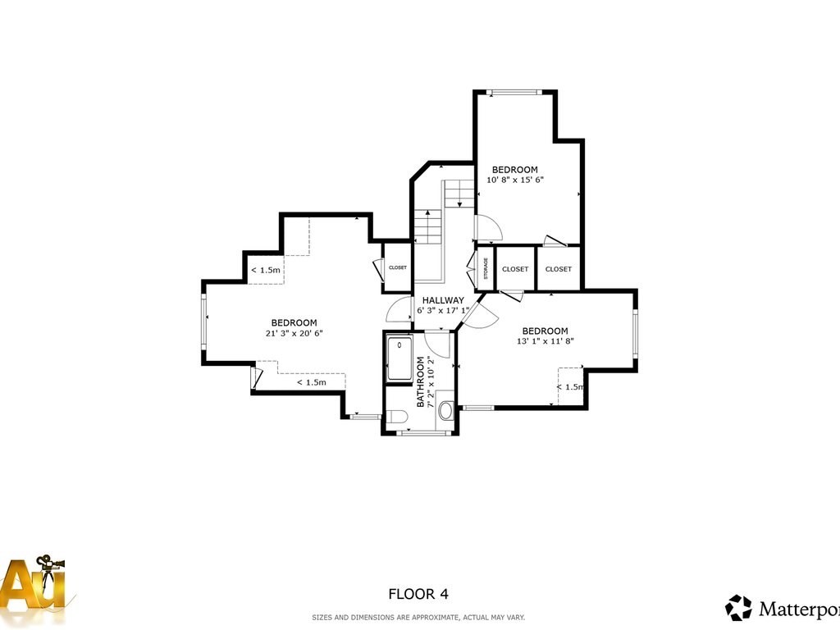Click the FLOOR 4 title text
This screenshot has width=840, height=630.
418,594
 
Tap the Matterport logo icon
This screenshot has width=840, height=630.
738,608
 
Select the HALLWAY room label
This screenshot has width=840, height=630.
443,300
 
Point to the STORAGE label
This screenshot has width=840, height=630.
486,268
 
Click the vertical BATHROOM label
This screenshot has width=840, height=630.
421,381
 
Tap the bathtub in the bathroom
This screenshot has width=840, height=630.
400,358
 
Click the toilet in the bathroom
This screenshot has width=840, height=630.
397,417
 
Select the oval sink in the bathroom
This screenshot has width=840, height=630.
445,410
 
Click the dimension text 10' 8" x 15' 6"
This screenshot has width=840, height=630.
515,180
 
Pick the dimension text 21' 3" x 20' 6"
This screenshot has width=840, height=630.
294,333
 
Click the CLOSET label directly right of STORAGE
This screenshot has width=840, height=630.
515,269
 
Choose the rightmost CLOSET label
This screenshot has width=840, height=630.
559,269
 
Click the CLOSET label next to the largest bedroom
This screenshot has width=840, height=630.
398,267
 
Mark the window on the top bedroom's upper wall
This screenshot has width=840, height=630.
515,93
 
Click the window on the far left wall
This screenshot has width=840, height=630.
204,322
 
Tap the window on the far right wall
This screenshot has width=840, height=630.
635,335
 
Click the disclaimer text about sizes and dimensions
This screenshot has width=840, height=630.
418,617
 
